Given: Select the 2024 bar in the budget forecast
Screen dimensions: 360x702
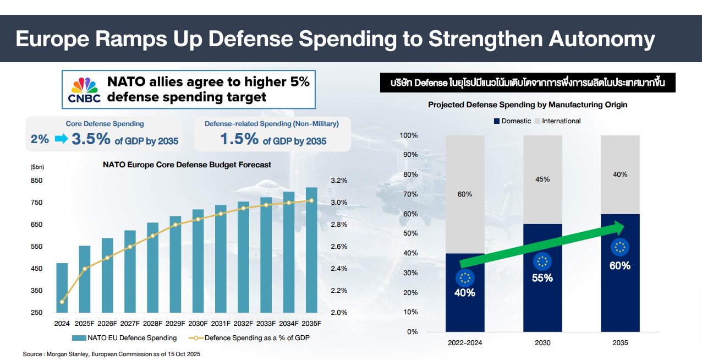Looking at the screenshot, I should (62, 287).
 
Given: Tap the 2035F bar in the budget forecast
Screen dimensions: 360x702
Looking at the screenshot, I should (311, 250).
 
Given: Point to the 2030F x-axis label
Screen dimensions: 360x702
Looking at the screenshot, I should (198, 324).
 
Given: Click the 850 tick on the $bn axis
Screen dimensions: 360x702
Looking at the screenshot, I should (36, 181).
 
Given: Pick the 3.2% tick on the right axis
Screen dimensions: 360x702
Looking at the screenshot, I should (339, 181).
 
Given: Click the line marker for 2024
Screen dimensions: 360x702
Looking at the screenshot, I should (62, 302).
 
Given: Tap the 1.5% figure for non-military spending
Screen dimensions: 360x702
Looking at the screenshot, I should (239, 139).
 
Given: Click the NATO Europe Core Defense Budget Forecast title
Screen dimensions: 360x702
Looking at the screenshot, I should (187, 165).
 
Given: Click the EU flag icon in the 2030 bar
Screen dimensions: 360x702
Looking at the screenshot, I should (542, 262).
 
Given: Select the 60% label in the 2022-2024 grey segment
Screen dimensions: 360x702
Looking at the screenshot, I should (465, 194).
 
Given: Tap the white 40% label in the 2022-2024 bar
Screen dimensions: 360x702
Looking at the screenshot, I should (465, 292).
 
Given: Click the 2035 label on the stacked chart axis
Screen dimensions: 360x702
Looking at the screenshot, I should (619, 342).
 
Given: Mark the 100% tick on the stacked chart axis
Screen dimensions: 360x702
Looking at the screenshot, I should (409, 135).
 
